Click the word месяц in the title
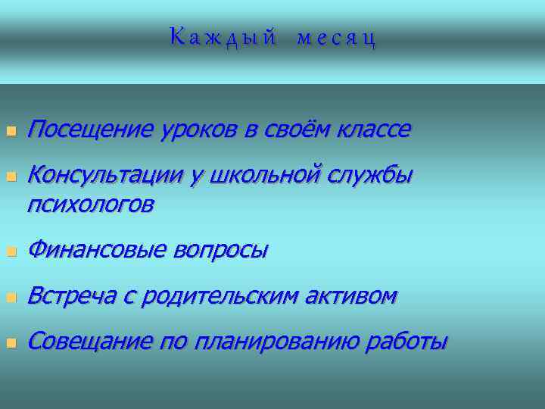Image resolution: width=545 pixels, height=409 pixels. (x=336, y=38)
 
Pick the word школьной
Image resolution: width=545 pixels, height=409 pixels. (x=267, y=176)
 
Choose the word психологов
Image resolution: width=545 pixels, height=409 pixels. (x=90, y=204)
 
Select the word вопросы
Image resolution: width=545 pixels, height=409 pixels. (x=221, y=250)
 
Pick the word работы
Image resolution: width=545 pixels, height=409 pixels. (x=407, y=342)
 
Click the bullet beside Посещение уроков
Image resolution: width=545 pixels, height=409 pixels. (x=11, y=132)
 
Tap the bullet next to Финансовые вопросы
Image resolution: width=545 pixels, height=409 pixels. (x=11, y=251)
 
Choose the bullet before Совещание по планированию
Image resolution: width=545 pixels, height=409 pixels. (x=11, y=344)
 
